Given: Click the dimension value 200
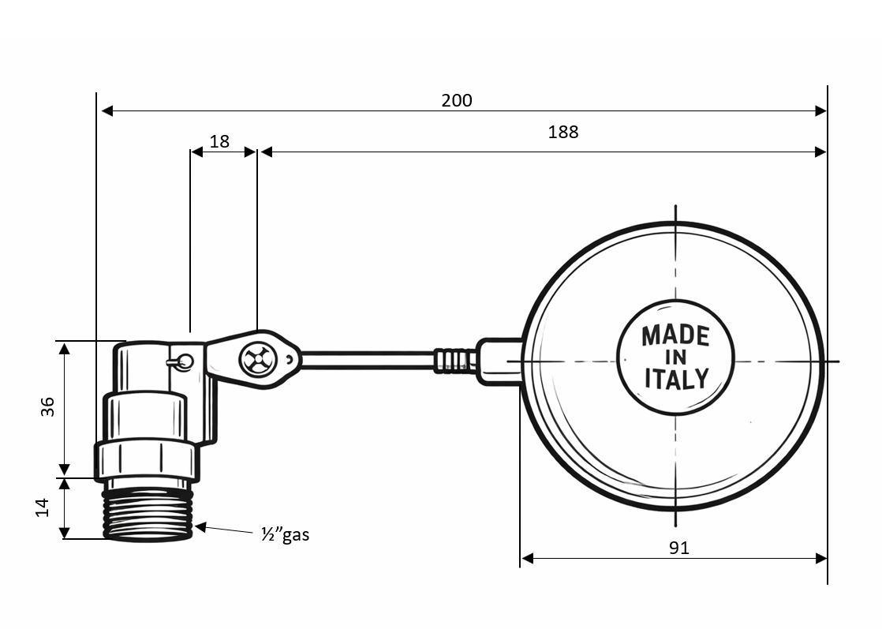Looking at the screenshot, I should [456, 100].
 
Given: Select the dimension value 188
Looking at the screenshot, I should [562, 132].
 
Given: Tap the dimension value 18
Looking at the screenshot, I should [219, 141].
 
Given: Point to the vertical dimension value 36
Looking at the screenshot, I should [47, 406].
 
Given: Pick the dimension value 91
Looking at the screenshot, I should [678, 548].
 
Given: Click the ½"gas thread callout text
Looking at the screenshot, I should [285, 534].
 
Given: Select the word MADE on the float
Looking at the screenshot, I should [675, 335].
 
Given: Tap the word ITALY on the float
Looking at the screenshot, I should [675, 379].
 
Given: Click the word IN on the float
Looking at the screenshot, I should [675, 358].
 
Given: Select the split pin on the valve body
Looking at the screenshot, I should [181, 362].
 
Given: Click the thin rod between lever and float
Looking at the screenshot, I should [367, 361].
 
